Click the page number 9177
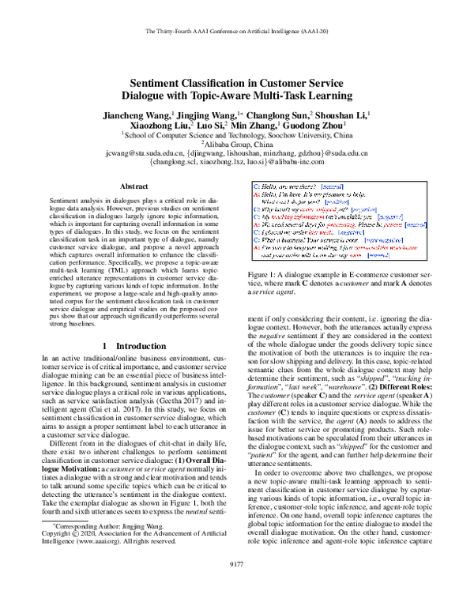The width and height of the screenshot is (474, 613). [x=237, y=585]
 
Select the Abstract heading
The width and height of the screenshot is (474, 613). [x=134, y=186]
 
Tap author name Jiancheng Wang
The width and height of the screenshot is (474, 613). [x=134, y=115]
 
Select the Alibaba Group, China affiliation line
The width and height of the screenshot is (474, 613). [x=238, y=145]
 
